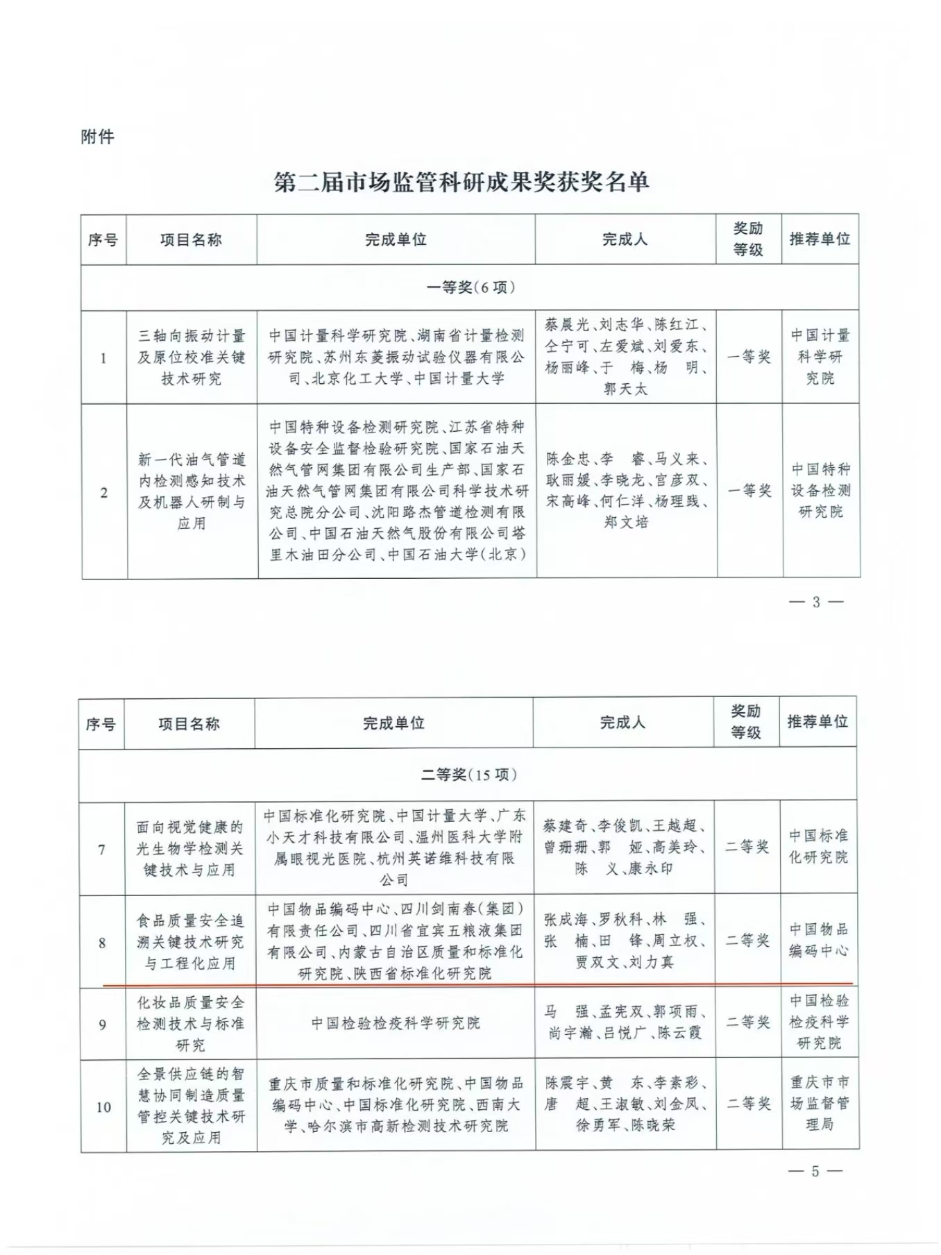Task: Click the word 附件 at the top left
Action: [x=97, y=137]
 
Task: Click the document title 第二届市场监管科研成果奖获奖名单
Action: [x=461, y=183]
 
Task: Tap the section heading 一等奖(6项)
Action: [x=470, y=287]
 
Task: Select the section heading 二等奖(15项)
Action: [x=468, y=775]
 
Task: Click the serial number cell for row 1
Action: [x=103, y=358]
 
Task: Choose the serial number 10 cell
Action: [x=103, y=1107]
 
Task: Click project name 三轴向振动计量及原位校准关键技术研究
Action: [x=192, y=357]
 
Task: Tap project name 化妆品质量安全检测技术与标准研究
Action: [x=190, y=1024]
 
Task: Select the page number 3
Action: [x=816, y=603]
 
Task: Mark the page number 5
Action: [x=815, y=1172]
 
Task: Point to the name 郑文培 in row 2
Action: [x=625, y=522]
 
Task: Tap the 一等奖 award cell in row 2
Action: [x=749, y=491]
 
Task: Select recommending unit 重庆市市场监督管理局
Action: [x=820, y=1103]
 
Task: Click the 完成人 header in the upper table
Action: [x=625, y=239]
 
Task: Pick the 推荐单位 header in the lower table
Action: [x=817, y=722]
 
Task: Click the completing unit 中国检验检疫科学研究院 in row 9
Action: [x=395, y=1023]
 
